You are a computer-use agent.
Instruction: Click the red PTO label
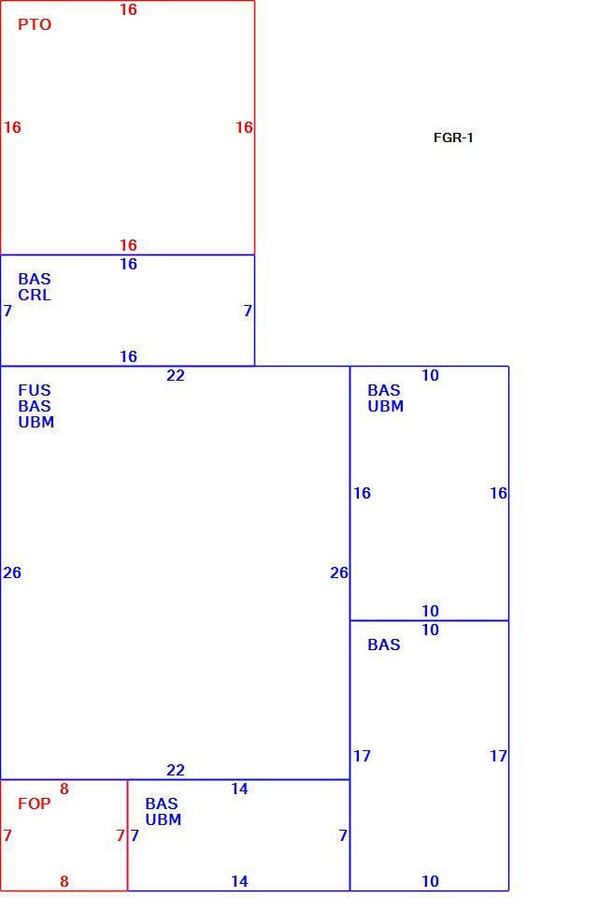pyautogui.click(x=35, y=24)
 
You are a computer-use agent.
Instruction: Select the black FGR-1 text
pyautogui.click(x=453, y=138)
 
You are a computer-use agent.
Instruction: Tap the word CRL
pyautogui.click(x=35, y=295)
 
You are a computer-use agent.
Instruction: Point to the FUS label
pyautogui.click(x=35, y=390)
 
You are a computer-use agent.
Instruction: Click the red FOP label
pyautogui.click(x=35, y=804)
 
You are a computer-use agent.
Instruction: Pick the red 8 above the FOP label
pyautogui.click(x=64, y=789)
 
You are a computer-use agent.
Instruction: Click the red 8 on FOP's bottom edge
pyautogui.click(x=64, y=881)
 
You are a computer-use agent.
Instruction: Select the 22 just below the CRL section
pyautogui.click(x=176, y=375)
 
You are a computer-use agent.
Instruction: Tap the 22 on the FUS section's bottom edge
pyautogui.click(x=176, y=770)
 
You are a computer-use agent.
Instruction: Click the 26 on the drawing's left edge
pyautogui.click(x=12, y=572)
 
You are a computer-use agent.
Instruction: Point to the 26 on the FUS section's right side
pyautogui.click(x=338, y=572)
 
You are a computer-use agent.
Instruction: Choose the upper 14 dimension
pyautogui.click(x=239, y=789)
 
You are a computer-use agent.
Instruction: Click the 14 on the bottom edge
pyautogui.click(x=239, y=881)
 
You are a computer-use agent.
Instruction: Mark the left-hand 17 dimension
pyautogui.click(x=362, y=756)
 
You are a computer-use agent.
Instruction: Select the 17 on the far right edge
pyautogui.click(x=498, y=756)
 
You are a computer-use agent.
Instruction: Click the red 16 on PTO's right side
pyautogui.click(x=244, y=127)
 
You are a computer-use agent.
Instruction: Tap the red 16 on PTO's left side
pyautogui.click(x=12, y=127)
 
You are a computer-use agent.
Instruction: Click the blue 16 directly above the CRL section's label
pyautogui.click(x=128, y=264)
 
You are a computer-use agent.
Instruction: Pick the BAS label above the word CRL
pyautogui.click(x=35, y=279)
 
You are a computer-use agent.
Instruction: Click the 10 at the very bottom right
pyautogui.click(x=430, y=881)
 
